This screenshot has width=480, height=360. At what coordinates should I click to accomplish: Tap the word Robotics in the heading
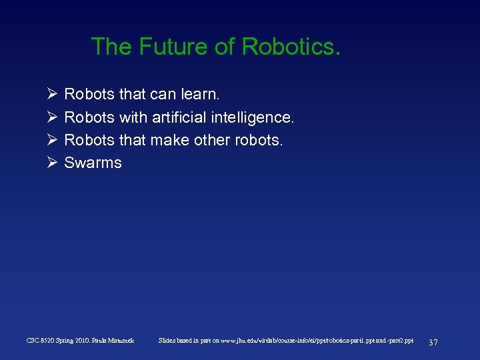coord(291,47)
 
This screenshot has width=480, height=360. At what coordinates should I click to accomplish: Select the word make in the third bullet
coord(167,140)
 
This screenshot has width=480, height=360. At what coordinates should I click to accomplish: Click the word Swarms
coord(93,163)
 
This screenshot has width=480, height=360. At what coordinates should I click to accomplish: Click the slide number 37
coord(433,342)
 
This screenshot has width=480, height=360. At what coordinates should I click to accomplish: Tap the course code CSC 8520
coord(40,341)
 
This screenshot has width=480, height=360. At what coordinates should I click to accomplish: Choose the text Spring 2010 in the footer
coord(72,341)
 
